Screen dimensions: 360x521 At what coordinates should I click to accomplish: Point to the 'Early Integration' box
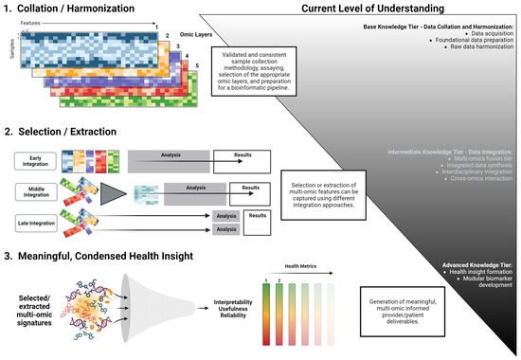click(30, 162)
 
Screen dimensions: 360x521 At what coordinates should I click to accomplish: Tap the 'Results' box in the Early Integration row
click(237, 157)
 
